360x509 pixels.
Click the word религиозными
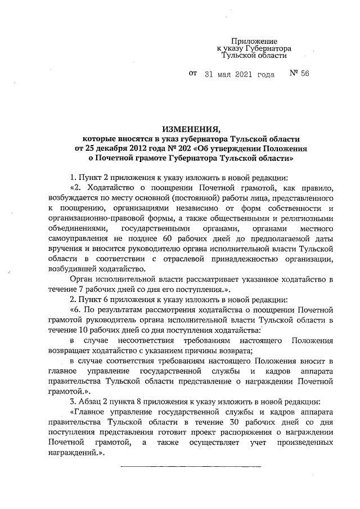point(303,219)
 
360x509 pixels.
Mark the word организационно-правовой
point(96,219)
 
